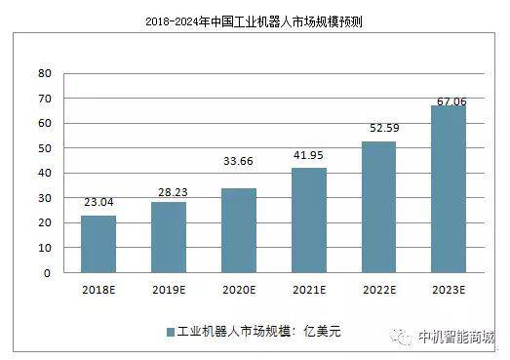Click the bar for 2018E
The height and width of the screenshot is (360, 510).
coord(98,244)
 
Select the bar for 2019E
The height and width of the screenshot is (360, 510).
coord(169,237)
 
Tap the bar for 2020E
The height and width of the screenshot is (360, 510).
coord(239,230)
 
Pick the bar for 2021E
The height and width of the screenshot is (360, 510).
coord(309,220)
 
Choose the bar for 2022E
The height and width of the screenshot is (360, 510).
coord(379,207)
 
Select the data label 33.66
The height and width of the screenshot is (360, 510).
coord(239,179)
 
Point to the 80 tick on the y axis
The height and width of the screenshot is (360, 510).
coord(44,73)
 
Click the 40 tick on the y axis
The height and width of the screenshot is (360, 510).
coord(44,174)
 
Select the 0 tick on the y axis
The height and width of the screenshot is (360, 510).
coord(47,273)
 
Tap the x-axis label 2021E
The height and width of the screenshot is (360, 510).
coord(309,290)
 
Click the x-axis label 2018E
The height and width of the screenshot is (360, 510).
coord(98,290)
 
